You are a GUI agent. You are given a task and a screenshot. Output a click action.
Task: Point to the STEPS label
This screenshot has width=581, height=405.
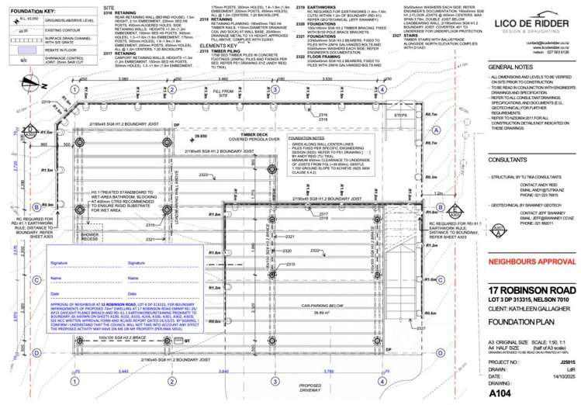[x=400, y=115]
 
